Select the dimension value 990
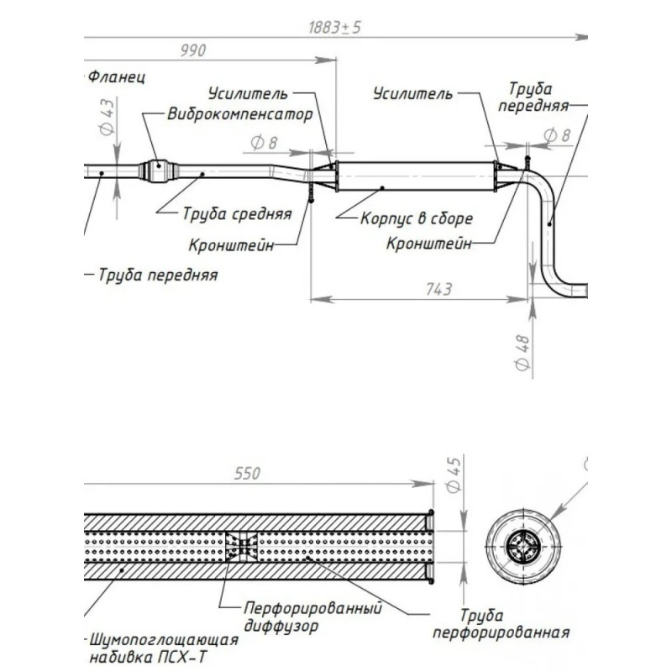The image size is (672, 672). click(192, 51)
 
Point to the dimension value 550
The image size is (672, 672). click(246, 475)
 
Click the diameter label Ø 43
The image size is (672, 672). click(107, 118)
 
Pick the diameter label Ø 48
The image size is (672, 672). click(522, 354)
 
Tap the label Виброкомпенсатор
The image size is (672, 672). click(240, 114)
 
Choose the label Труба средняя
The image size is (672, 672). click(237, 213)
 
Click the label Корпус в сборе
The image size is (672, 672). click(417, 218)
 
